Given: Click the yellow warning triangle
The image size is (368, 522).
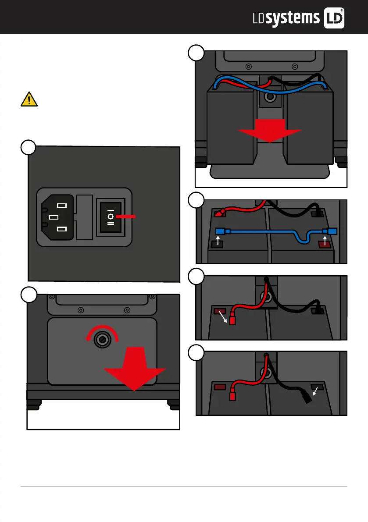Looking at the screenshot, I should tap(29, 99).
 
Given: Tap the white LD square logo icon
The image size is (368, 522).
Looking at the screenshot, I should tap(333, 18).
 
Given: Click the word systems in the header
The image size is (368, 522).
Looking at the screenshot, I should tap(293, 18).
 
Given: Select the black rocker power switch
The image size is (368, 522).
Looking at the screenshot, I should tap(111, 217).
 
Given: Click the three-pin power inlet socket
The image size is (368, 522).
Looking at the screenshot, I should tap(57, 217).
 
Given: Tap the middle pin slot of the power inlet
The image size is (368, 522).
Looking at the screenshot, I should tap(54, 217).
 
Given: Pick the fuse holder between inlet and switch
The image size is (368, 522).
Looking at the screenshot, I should tap(85, 217).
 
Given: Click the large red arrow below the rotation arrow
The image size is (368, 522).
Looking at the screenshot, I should tap(135, 368).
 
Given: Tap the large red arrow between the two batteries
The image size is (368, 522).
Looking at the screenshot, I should tap(269, 131).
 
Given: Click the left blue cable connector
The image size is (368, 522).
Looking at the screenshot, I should tap(221, 231).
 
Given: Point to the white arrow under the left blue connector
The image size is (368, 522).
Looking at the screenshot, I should tap(218, 240).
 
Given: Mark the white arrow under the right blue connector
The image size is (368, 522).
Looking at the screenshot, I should tap(325, 240).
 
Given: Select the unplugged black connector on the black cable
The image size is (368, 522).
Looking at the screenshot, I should tap(306, 398).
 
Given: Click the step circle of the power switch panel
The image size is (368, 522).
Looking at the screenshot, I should tap(29, 147).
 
